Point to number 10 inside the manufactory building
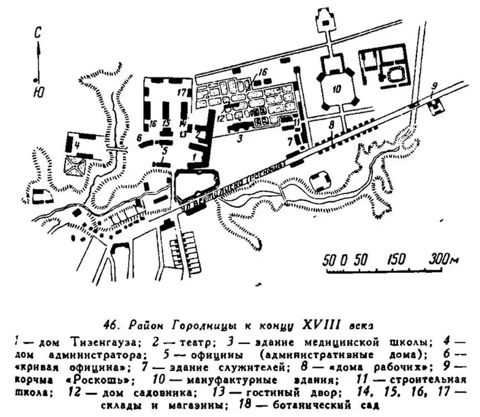point(336,89)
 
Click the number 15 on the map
point(166,123)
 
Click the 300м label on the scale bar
point(443,259)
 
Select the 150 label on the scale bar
point(397,259)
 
